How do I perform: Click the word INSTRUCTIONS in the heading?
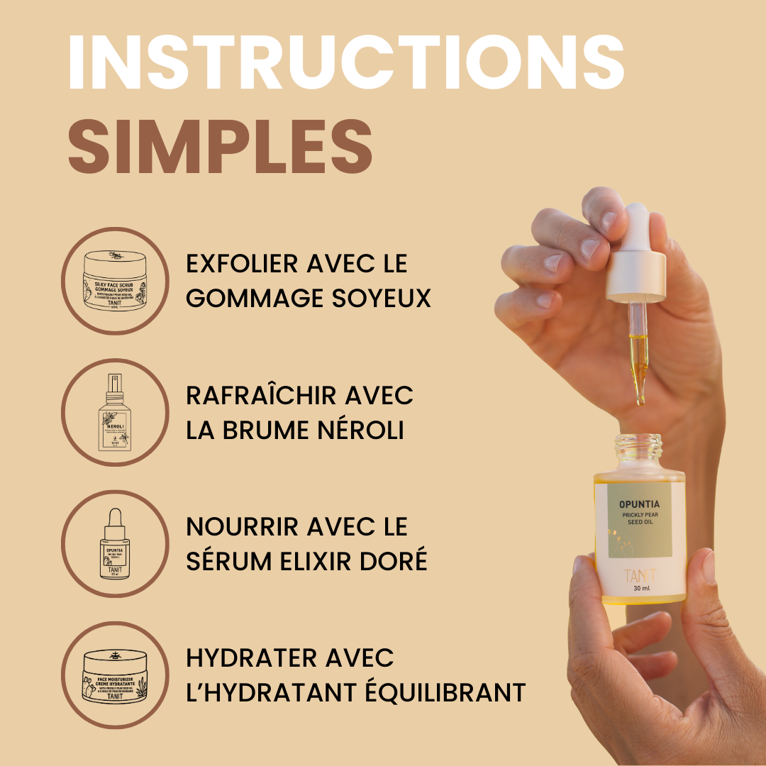point(346,61)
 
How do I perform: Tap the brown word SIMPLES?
point(220,146)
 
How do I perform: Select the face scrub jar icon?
point(115,281)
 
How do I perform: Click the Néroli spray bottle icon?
point(115,412)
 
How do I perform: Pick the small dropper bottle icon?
point(115,544)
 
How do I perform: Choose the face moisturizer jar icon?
point(115,675)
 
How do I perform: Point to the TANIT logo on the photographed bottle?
point(640,576)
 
